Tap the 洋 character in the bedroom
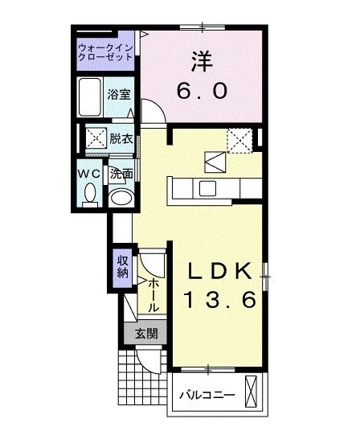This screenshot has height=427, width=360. coord(201,60)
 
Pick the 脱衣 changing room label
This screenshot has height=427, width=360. coord(121,138)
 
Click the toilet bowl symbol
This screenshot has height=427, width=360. coord(90,194)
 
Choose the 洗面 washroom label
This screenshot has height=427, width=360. coord(121,173)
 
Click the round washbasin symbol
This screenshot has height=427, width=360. coord(121,199)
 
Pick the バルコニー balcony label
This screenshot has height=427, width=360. coord(207,396)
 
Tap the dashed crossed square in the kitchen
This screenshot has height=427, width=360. coord(239,140)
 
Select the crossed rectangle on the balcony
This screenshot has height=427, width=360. coord(254,395)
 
